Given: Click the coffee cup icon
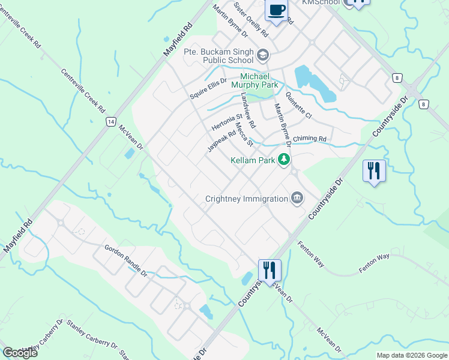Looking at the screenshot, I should pyautogui.click(x=276, y=10).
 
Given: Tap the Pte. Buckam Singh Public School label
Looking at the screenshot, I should pyautogui.click(x=220, y=56).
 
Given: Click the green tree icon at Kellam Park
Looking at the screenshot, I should pyautogui.click(x=284, y=160).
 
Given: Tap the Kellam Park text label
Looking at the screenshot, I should pyautogui.click(x=253, y=161).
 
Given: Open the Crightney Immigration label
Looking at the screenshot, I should pyautogui.click(x=246, y=198).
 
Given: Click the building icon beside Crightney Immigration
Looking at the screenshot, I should pyautogui.click(x=297, y=197).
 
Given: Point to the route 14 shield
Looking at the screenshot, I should pyautogui.click(x=110, y=122).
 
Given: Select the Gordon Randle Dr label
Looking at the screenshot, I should pyautogui.click(x=126, y=260).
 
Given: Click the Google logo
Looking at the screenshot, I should pyautogui.click(x=20, y=353).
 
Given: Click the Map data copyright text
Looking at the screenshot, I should pyautogui.click(x=411, y=355).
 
